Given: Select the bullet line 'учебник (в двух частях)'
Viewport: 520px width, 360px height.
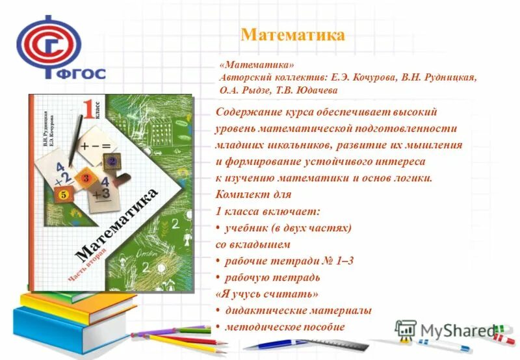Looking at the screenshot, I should click(x=288, y=228).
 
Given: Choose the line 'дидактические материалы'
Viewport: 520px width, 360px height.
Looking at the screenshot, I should click(x=298, y=311).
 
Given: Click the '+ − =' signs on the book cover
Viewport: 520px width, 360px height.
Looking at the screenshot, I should click(x=96, y=148).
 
